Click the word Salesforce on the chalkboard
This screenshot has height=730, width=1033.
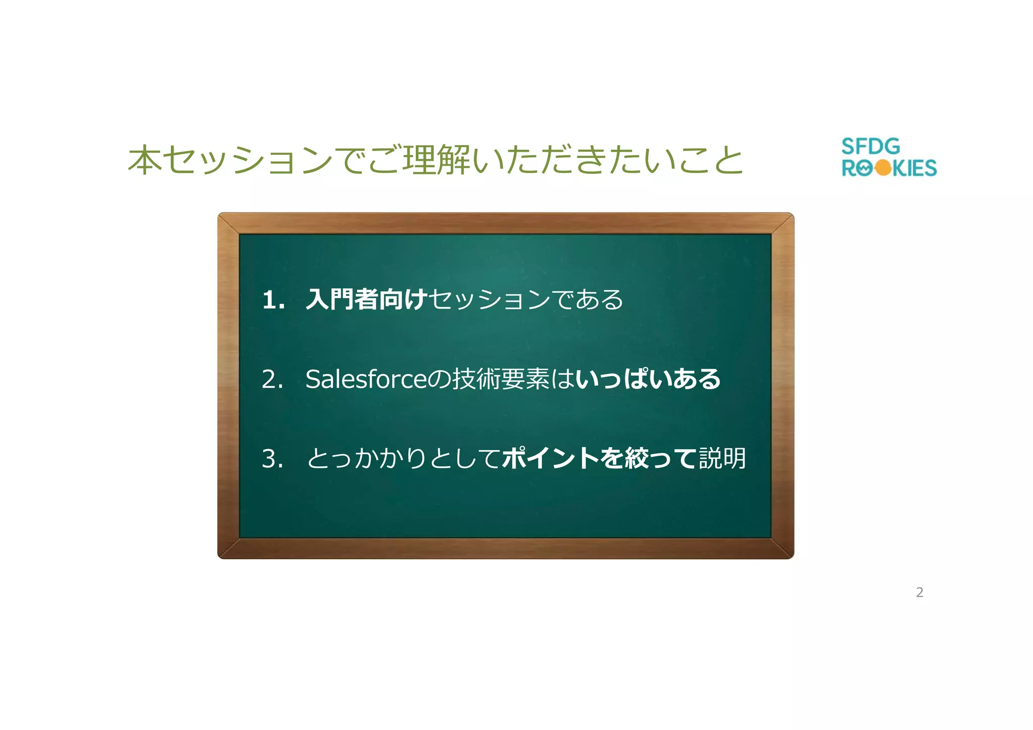(366, 379)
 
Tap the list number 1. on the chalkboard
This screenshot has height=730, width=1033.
(273, 300)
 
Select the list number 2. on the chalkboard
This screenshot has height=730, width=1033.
(272, 379)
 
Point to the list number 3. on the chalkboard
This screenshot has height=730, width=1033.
(272, 459)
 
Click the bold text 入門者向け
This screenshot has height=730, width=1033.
(367, 299)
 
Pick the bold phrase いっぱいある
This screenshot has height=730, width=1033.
(648, 379)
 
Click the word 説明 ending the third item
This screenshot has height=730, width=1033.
(722, 459)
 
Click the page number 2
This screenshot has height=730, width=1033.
(920, 592)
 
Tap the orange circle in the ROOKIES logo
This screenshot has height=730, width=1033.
(883, 168)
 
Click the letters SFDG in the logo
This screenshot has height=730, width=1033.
(871, 147)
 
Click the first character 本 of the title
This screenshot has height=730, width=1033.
(145, 160)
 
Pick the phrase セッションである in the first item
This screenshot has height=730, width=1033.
(526, 299)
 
